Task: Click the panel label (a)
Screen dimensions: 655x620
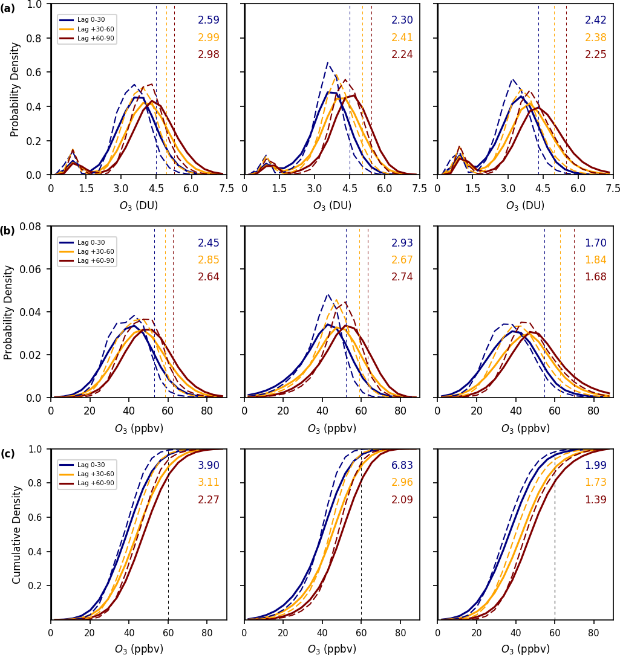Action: pos(8,8)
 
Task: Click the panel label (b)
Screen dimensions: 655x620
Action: pos(8,230)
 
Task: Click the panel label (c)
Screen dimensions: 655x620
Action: pos(8,453)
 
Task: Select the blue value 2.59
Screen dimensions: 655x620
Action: pos(208,21)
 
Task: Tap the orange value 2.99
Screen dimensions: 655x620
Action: pos(208,37)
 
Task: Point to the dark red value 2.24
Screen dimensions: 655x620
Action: pos(402,54)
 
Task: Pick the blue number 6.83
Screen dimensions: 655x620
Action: pos(402,466)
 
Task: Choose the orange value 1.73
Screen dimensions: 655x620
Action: pos(595,483)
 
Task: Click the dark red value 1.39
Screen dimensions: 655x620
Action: pos(595,500)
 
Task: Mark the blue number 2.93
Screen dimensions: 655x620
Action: pos(402,244)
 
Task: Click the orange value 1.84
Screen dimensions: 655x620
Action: pos(595,260)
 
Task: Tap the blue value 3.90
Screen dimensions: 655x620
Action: pos(208,466)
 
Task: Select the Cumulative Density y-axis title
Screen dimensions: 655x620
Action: pos(17,534)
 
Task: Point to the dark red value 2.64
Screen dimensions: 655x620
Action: pos(208,277)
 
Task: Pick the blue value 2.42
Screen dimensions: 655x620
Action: pos(595,21)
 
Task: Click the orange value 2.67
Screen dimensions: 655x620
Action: pos(402,260)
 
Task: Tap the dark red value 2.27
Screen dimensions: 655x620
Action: pos(208,500)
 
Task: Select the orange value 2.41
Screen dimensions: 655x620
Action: pos(402,37)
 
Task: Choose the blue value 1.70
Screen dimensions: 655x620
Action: pos(595,244)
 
